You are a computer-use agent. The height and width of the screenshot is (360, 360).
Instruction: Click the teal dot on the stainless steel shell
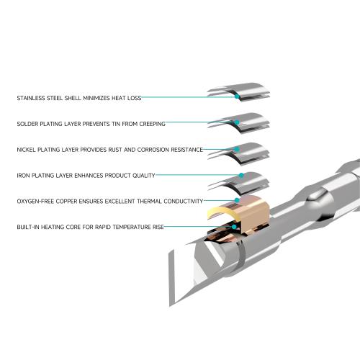coord(237,96)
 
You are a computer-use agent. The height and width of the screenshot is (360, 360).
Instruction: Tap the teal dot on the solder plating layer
coord(237,122)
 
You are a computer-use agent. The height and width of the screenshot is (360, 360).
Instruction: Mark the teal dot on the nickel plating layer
coord(237,149)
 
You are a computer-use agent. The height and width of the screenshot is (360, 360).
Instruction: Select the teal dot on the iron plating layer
coord(241,175)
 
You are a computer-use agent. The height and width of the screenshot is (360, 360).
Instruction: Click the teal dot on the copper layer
coord(237,200)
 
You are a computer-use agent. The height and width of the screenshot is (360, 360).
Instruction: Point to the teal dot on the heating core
coord(234,227)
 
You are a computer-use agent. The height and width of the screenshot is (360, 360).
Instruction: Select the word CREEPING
coord(153,124)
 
